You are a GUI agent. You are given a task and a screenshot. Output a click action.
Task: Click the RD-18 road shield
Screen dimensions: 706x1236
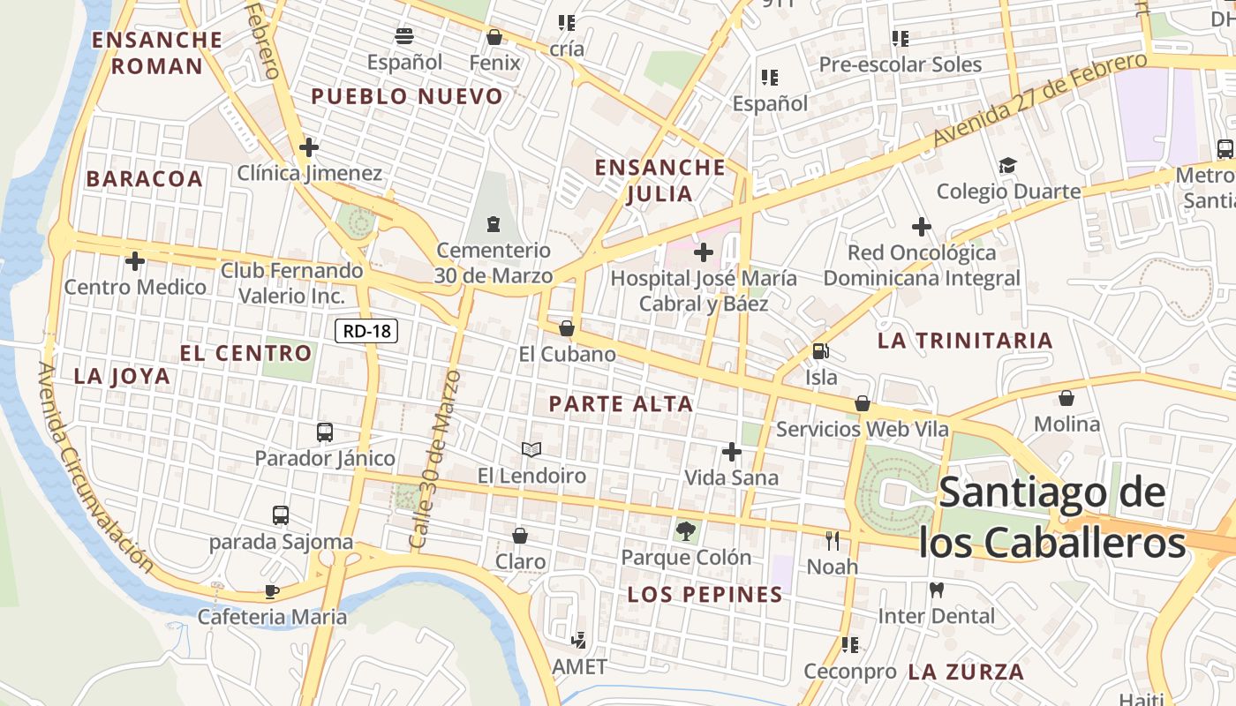[x=367, y=332]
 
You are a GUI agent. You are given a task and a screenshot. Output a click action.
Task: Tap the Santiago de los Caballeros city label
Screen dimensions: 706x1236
[x=1052, y=518]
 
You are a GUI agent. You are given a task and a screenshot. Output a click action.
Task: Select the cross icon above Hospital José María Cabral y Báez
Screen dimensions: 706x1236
[x=704, y=253]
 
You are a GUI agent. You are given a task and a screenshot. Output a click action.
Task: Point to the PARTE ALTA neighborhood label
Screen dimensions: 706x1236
[x=621, y=404]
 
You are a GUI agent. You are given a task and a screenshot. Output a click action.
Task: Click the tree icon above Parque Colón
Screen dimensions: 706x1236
[x=684, y=530]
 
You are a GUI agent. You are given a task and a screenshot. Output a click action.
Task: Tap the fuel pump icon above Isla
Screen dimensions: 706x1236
[x=821, y=351]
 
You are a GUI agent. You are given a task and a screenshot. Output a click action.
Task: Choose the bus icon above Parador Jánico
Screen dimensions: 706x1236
[x=325, y=432]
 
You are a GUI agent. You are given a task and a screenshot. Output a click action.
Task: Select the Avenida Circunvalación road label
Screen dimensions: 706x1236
[x=94, y=467]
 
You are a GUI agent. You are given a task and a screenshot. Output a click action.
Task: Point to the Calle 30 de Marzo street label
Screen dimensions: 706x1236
[x=436, y=459]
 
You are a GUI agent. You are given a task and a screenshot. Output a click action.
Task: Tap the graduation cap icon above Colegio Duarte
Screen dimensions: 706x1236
[x=1007, y=166]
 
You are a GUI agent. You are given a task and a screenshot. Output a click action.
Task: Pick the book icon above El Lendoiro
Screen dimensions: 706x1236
[x=531, y=450]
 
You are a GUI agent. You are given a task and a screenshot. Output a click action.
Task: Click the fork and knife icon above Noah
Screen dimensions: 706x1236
[x=832, y=540]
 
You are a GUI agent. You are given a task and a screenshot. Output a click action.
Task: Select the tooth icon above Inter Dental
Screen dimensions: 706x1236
[x=936, y=590]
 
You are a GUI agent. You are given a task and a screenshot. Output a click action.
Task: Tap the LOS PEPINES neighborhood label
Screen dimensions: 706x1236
[x=705, y=595]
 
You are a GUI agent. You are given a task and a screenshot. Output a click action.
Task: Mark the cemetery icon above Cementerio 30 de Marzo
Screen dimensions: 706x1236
[x=493, y=225]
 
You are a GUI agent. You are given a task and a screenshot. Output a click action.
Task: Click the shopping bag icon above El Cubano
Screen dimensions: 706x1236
[x=567, y=329]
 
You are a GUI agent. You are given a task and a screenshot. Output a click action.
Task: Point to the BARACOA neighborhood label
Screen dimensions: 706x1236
[x=145, y=178]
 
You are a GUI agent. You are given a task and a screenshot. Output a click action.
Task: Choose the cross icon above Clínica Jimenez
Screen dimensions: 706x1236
[x=309, y=147]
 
